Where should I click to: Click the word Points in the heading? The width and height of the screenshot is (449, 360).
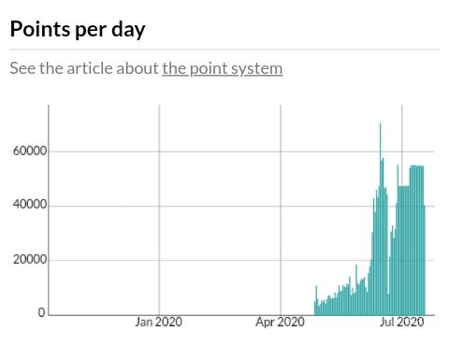[x=40, y=29]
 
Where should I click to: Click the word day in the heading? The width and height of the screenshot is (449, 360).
[x=128, y=30]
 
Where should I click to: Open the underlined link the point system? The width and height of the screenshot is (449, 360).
[x=223, y=68]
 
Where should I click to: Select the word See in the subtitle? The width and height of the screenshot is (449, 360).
[x=22, y=68]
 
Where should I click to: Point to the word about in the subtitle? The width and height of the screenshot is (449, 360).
[x=138, y=68]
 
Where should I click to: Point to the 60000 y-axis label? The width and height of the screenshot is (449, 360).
[x=30, y=151]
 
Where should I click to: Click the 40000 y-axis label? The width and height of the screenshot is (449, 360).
[x=30, y=205]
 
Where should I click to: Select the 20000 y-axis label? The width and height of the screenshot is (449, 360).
[x=30, y=259]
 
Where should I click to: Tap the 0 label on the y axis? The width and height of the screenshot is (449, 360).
[x=41, y=312]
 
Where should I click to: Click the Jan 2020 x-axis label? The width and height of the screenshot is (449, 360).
[x=159, y=322]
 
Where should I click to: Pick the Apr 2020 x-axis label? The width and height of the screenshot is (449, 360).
[x=280, y=322]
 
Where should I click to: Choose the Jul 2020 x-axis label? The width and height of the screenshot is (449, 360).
[x=401, y=322]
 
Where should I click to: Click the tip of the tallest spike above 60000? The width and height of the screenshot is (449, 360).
[x=380, y=123]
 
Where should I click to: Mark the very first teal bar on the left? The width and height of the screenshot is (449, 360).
[x=315, y=309]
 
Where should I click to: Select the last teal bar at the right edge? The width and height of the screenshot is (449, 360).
[x=425, y=260]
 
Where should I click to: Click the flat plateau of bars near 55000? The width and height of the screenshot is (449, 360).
[x=416, y=166]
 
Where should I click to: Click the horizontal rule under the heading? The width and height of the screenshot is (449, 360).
[x=225, y=50]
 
